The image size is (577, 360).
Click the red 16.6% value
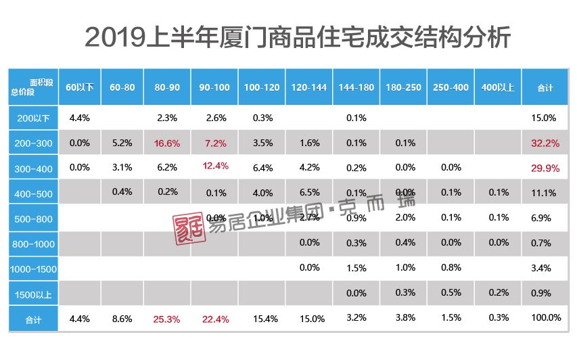(x=166, y=143)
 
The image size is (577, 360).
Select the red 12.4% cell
(x=215, y=166)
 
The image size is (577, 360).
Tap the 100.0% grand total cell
(x=546, y=318)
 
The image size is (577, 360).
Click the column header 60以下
(x=80, y=88)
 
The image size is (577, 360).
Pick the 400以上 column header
(x=498, y=88)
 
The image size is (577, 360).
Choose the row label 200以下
(x=34, y=118)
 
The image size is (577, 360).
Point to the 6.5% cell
(x=309, y=193)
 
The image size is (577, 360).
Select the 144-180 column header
(x=356, y=88)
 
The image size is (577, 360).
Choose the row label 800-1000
(x=34, y=243)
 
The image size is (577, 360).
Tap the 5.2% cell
(x=122, y=143)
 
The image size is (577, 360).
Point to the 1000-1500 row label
(x=34, y=269)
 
